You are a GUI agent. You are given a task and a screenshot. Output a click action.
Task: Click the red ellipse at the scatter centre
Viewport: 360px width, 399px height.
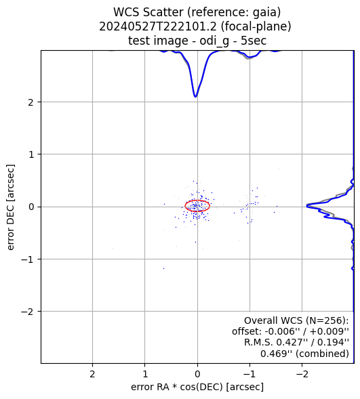[x=197, y=201]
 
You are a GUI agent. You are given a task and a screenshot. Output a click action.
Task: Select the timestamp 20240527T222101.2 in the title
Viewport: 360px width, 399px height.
[x=158, y=26]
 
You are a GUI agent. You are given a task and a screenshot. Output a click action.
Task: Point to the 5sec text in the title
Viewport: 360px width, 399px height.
[x=254, y=41]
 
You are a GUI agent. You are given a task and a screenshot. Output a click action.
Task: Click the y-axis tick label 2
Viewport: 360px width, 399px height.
[x=31, y=102]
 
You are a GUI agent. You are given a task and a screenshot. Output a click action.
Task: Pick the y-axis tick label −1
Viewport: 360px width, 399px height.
[x=28, y=259]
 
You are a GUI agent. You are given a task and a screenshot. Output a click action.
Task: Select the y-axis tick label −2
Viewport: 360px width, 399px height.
[x=28, y=312]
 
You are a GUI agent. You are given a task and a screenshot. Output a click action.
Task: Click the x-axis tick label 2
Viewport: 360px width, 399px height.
[x=92, y=374]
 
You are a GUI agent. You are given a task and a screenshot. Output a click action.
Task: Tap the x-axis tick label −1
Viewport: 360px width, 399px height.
[x=249, y=374]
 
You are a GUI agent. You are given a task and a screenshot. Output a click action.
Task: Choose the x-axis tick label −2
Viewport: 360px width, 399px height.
[x=302, y=374]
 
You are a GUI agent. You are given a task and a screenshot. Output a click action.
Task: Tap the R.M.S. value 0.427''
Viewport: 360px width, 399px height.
[x=290, y=343]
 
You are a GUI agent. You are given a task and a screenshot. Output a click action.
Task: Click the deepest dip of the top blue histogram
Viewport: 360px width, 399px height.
[x=195, y=97]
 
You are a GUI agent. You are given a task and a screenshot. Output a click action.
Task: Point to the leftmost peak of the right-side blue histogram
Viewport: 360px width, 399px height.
[x=307, y=206]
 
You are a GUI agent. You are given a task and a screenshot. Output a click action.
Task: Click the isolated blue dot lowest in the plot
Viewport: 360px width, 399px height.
[x=163, y=268]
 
